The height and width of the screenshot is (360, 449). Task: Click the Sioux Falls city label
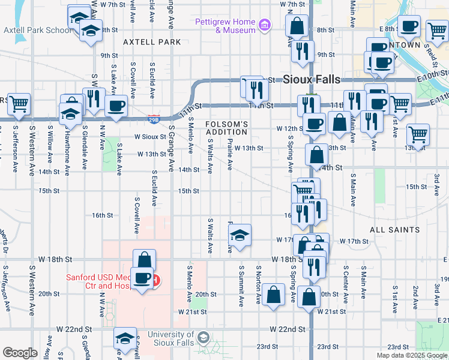[311, 79]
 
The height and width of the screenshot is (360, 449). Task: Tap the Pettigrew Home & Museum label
[225, 26]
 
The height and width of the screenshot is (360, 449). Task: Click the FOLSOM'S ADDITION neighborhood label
[227, 128]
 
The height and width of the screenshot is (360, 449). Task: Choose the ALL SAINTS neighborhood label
[394, 230]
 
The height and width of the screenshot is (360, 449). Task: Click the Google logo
[20, 353]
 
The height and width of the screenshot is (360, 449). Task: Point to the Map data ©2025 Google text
[412, 355]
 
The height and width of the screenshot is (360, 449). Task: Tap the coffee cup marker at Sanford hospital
[142, 279]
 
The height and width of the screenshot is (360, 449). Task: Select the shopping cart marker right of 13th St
[418, 134]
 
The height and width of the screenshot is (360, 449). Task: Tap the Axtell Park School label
[37, 30]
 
